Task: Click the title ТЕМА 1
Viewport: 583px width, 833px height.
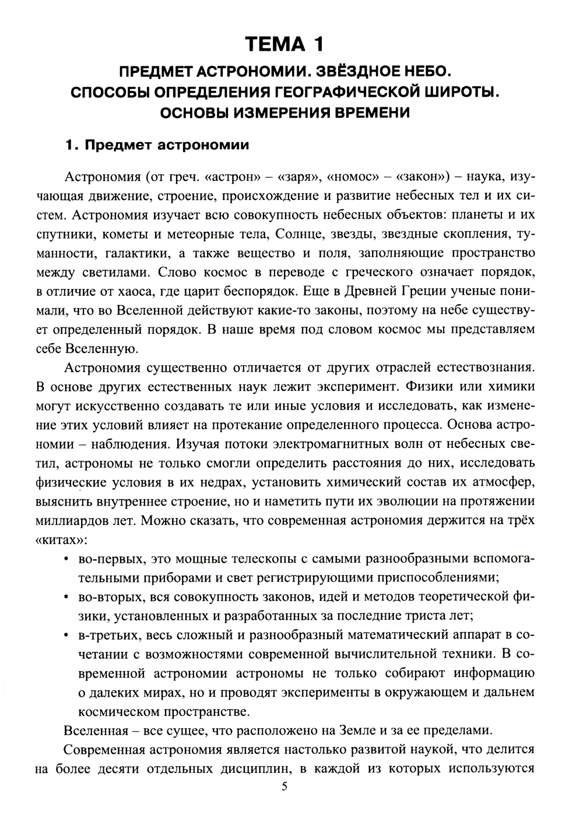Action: [285, 44]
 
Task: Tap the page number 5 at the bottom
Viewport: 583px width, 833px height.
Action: [285, 787]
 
